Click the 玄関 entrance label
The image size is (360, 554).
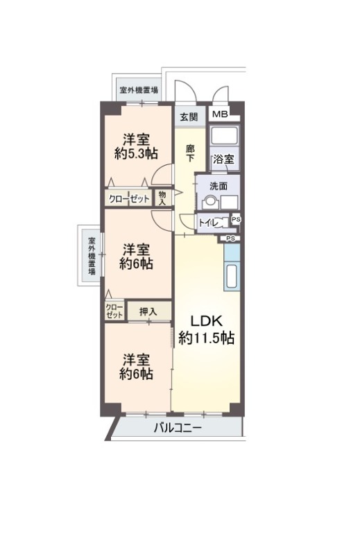point(189,117)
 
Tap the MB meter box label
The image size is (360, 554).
point(220,114)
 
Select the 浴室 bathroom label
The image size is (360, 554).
point(223,159)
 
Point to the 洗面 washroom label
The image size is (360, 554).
point(218,186)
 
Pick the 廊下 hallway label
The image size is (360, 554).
point(190,153)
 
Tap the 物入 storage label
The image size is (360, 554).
point(162,198)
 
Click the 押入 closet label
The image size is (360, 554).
point(148,311)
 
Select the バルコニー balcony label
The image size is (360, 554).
point(178,429)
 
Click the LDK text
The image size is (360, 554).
point(207,321)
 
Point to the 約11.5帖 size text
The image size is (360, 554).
point(206,338)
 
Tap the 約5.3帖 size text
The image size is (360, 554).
point(136,154)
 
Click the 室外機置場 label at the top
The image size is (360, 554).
point(139,90)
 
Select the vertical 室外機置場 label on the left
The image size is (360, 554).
point(92,257)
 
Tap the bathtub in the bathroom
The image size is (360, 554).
point(224,135)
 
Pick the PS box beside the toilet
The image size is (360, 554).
point(237,219)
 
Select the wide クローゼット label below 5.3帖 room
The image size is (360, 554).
point(129,199)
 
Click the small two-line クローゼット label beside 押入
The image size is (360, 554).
point(114,311)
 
